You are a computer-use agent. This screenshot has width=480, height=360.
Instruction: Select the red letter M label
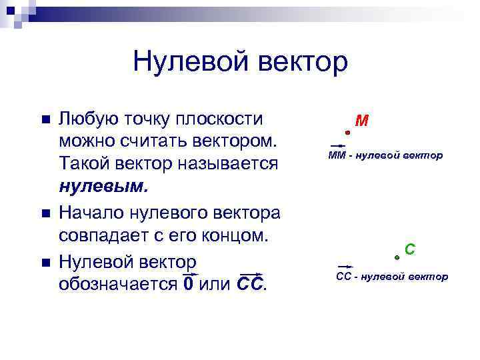pyautogui.click(x=362, y=121)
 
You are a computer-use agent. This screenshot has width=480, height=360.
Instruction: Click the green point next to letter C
pyautogui.click(x=397, y=256)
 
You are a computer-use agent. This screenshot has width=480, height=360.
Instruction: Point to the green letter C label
pyautogui.click(x=410, y=249)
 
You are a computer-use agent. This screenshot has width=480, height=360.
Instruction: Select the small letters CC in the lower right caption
pyautogui.click(x=343, y=276)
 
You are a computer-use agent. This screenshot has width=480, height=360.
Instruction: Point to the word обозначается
pyautogui.click(x=117, y=284)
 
